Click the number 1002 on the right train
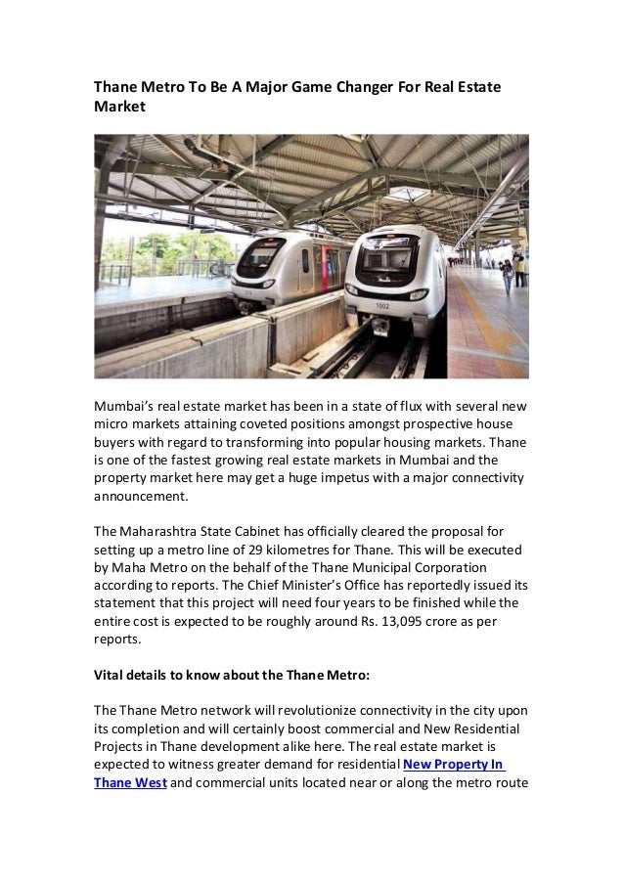(381, 306)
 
